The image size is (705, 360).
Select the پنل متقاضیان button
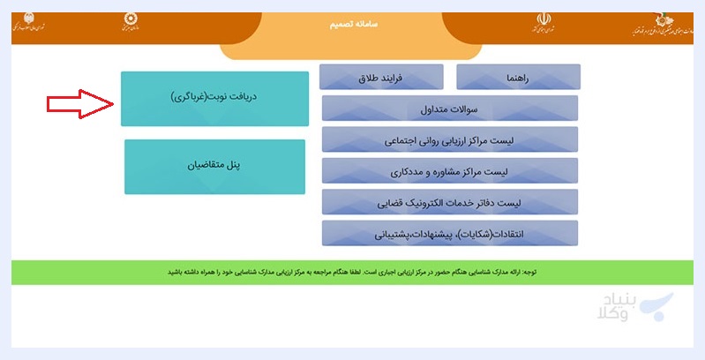point(214,166)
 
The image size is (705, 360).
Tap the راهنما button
point(518,78)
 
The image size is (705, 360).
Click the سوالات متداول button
point(450,109)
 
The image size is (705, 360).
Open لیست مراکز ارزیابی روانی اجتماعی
point(450,139)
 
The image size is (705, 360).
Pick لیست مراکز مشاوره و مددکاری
point(450,170)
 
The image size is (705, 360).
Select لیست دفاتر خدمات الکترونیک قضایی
point(450,202)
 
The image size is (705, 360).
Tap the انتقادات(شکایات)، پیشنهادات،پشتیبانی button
point(450,233)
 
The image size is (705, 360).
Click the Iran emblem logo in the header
point(543,22)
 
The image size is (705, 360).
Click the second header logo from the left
point(131,23)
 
